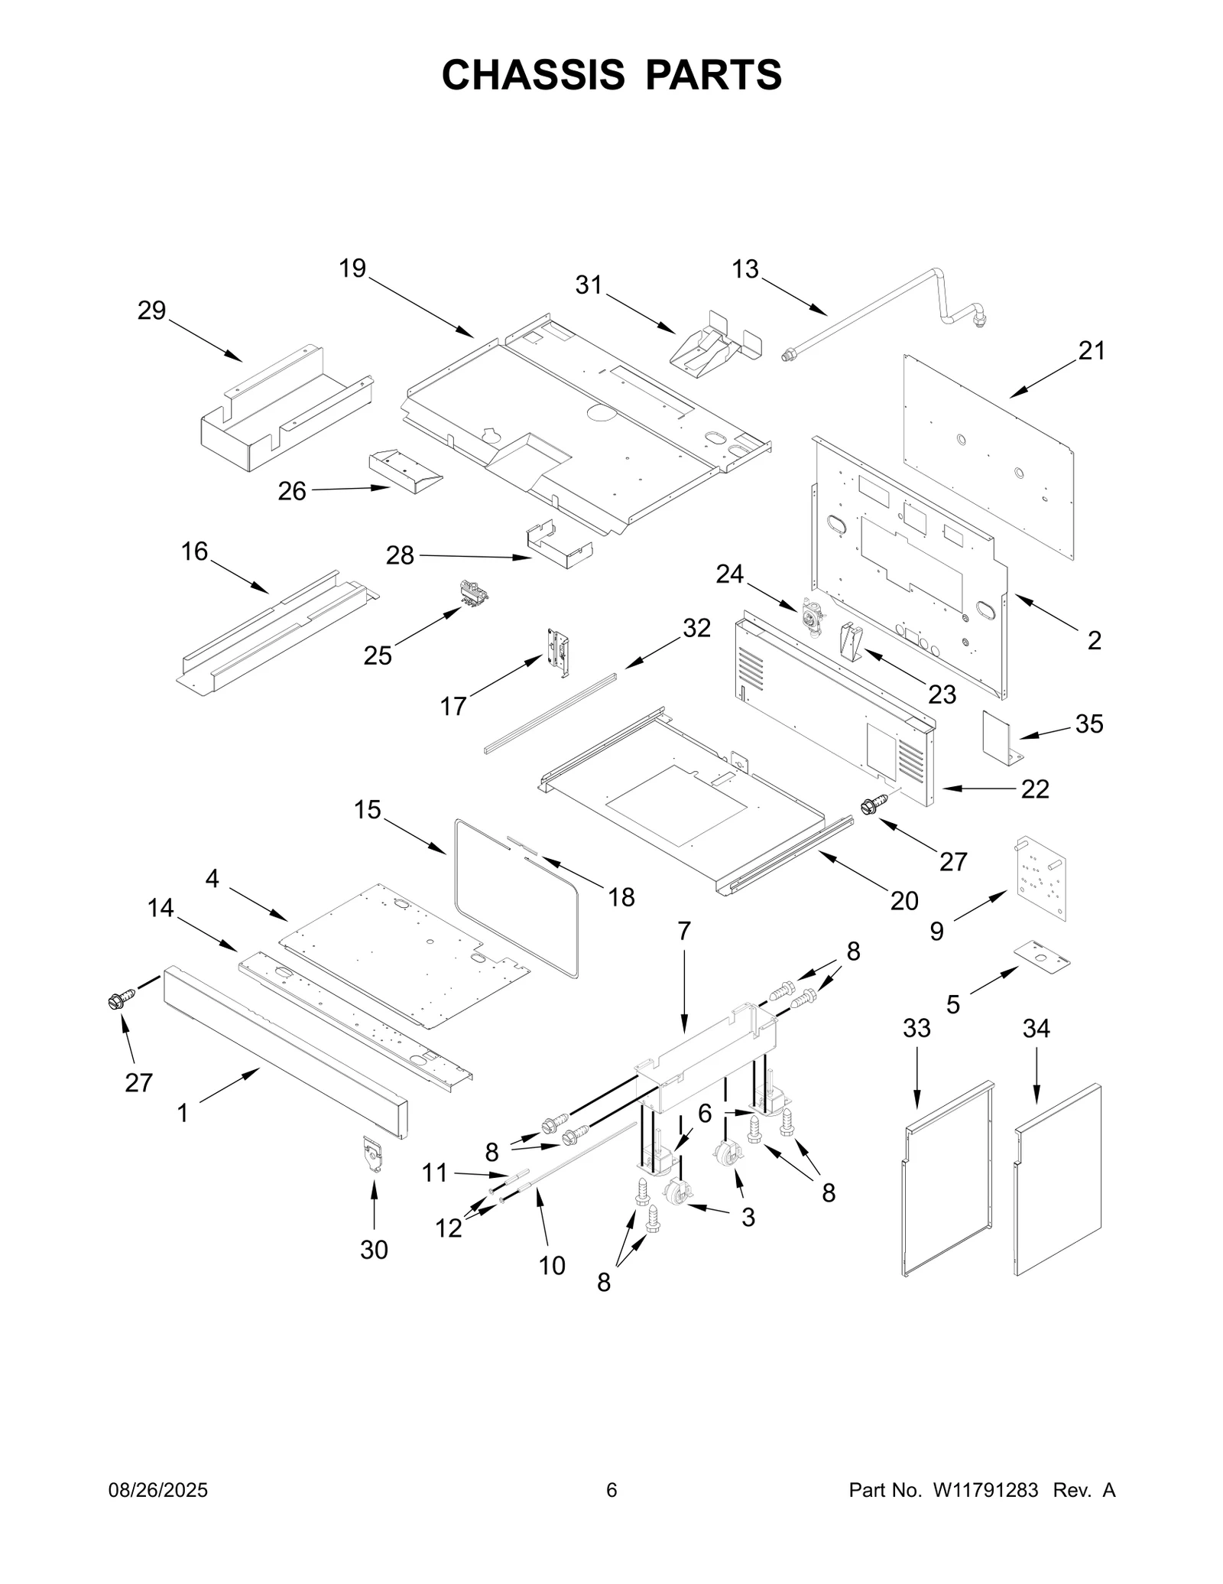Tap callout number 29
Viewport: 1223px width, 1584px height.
pos(151,311)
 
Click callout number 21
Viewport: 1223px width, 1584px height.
pos(1092,351)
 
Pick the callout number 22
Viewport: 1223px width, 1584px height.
pos(1035,789)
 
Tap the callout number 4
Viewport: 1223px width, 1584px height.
pos(212,879)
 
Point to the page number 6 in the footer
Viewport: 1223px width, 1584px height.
pos(611,1511)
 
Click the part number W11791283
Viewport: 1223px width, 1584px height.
pos(985,1511)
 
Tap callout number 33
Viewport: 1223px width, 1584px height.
pos(916,1029)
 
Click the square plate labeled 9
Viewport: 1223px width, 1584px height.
pos(1043,877)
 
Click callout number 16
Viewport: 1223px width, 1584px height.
pos(194,551)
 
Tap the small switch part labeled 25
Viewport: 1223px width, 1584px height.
pos(473,593)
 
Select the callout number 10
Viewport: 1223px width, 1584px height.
pos(552,1266)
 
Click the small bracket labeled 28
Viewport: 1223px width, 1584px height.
pos(558,544)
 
